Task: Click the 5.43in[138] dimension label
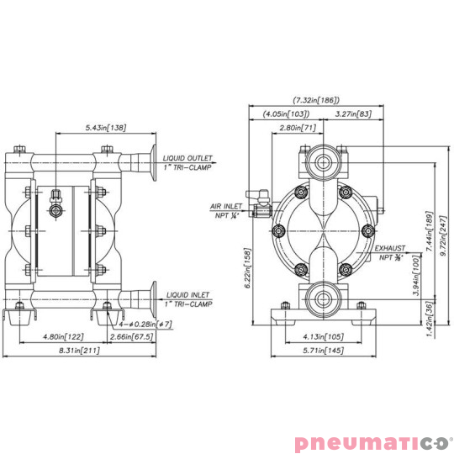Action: [x=105, y=128]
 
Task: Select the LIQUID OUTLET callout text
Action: [x=189, y=156]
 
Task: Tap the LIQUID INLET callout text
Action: [x=188, y=295]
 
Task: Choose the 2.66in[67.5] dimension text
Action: [x=132, y=336]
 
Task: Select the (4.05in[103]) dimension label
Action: [x=285, y=113]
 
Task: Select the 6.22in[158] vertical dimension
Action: [x=246, y=267]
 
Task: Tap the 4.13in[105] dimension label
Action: [x=320, y=336]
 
